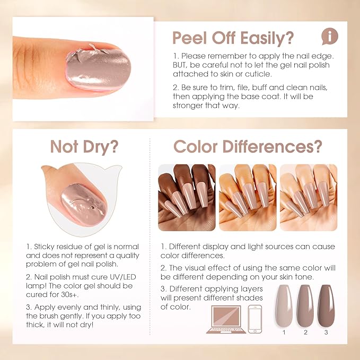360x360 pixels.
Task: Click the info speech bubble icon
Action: point(330,37)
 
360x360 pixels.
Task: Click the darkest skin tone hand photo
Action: point(187,197)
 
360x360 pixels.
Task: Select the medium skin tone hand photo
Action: point(248,197)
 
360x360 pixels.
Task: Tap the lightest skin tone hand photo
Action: point(308,197)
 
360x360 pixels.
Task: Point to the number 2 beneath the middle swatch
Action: point(305,333)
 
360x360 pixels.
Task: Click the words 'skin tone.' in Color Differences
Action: point(297,276)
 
